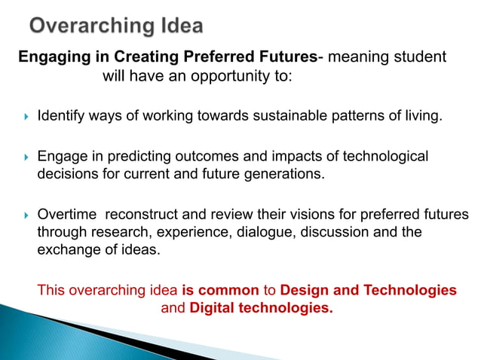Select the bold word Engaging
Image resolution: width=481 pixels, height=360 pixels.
pos(50,57)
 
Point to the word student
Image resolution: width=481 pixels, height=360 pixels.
pos(419,57)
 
